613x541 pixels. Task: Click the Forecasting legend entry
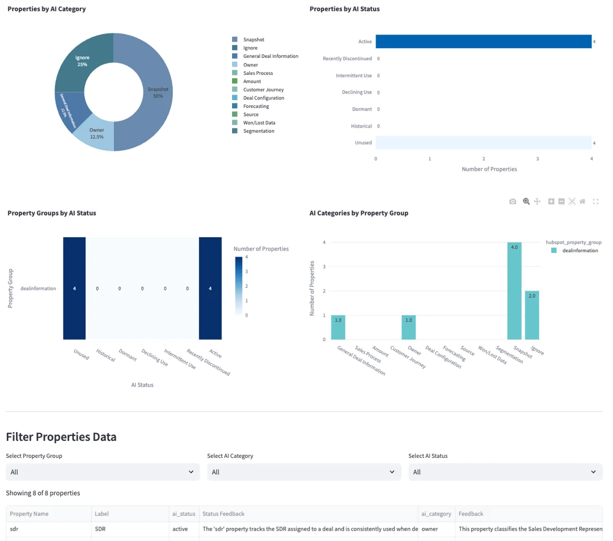256,106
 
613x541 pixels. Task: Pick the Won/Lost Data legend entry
259,123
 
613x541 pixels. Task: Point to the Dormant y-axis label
362,109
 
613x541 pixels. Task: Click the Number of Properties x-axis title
489,169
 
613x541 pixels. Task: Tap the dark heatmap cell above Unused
74,288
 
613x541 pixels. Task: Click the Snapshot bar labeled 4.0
514,290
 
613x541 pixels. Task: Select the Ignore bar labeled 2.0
531,315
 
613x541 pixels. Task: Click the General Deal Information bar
338,327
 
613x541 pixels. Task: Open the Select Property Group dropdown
102,472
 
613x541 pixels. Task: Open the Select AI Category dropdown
304,472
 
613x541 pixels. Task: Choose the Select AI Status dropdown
505,472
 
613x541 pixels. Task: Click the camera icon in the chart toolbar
512,202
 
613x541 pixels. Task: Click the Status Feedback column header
223,514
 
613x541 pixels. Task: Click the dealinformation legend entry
580,251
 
